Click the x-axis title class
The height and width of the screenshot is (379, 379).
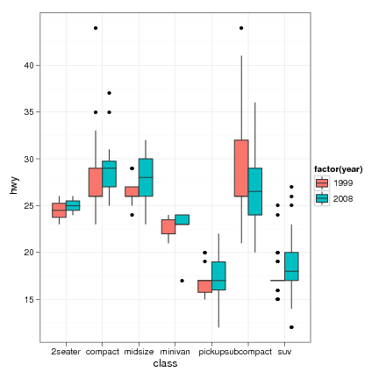click(x=166, y=362)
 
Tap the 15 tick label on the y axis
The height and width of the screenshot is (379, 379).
click(x=29, y=299)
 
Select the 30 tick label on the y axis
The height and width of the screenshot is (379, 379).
click(x=29, y=159)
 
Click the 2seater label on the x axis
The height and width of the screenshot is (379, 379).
click(x=66, y=351)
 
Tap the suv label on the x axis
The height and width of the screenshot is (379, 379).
click(x=284, y=351)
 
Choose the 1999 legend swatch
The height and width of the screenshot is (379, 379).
click(x=322, y=182)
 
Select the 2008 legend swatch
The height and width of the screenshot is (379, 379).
click(x=322, y=198)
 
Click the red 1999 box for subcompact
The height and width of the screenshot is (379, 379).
click(x=240, y=168)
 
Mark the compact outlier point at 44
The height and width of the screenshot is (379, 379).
click(x=96, y=28)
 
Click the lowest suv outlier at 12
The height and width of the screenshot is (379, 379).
click(x=291, y=327)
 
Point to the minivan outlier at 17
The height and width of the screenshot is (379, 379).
click(x=182, y=281)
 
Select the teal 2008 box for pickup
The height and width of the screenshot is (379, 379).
click(x=218, y=275)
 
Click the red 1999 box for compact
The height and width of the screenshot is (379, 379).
click(x=96, y=182)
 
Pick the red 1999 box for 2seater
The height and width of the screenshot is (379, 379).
click(x=59, y=211)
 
